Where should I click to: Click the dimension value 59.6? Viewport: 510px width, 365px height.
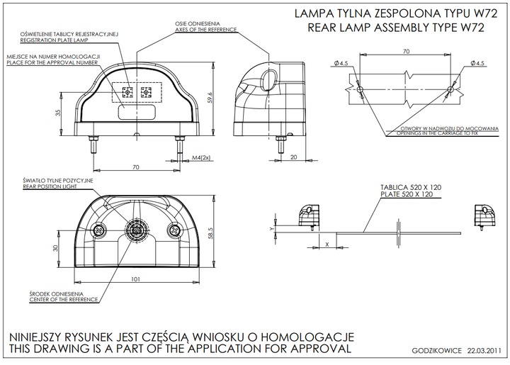tap(210, 98)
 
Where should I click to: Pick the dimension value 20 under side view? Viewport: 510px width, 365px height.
tap(293, 157)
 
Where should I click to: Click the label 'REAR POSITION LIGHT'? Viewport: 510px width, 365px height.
tap(58, 187)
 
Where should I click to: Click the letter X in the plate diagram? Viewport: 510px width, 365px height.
tap(327, 243)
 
